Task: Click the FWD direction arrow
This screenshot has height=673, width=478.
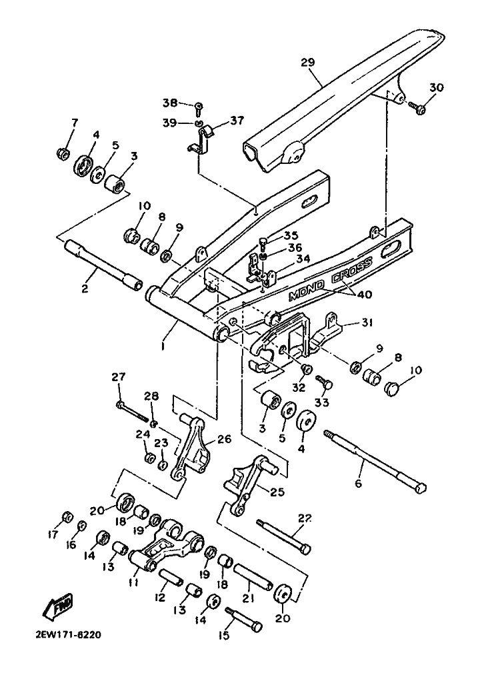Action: (x=57, y=605)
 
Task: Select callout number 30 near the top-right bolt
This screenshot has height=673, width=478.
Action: (x=437, y=87)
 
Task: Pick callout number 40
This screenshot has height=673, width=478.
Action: (x=365, y=295)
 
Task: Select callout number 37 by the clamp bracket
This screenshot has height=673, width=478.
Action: (x=237, y=121)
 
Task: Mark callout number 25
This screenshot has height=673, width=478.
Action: (x=278, y=492)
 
